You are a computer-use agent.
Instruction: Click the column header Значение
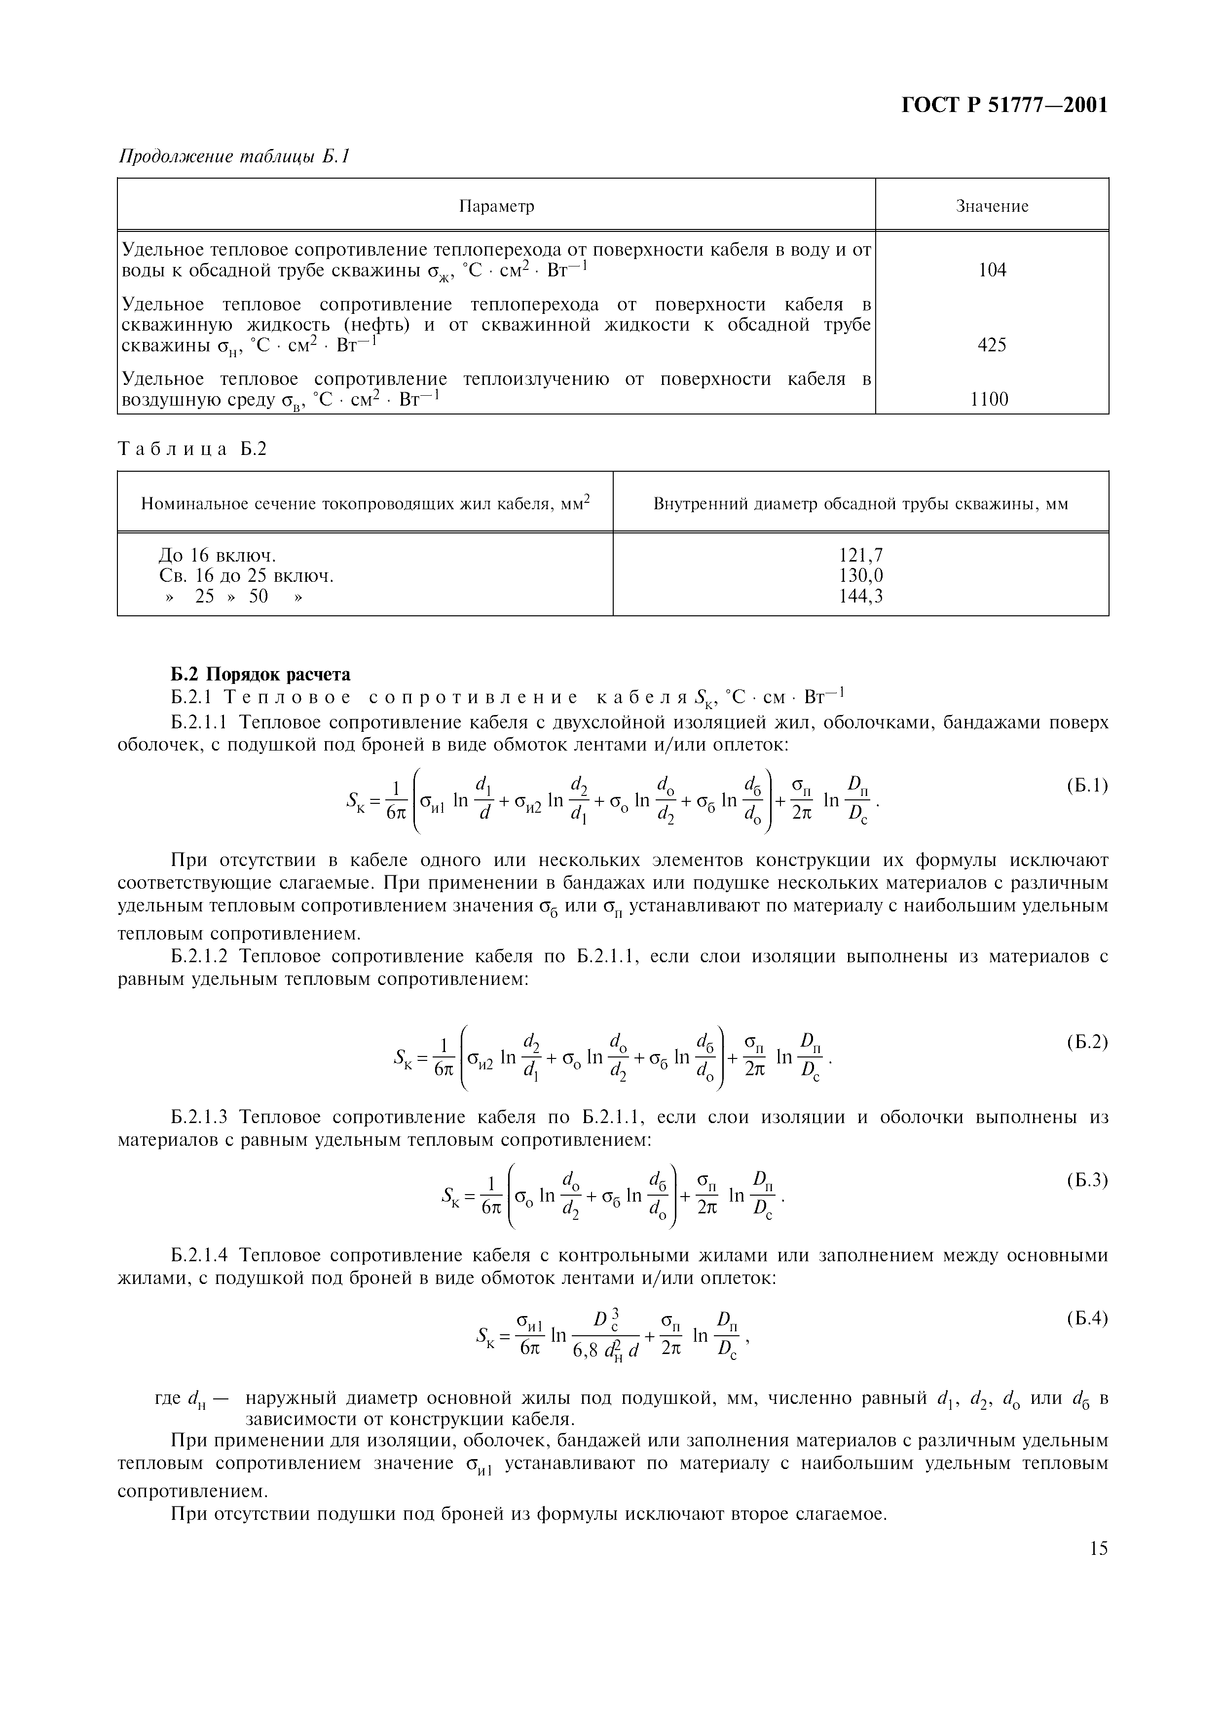(992, 206)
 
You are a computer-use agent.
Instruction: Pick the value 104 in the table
(992, 270)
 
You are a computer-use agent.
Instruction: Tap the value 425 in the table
(992, 344)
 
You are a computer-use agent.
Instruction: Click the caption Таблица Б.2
(193, 450)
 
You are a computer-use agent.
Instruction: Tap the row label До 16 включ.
(217, 556)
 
